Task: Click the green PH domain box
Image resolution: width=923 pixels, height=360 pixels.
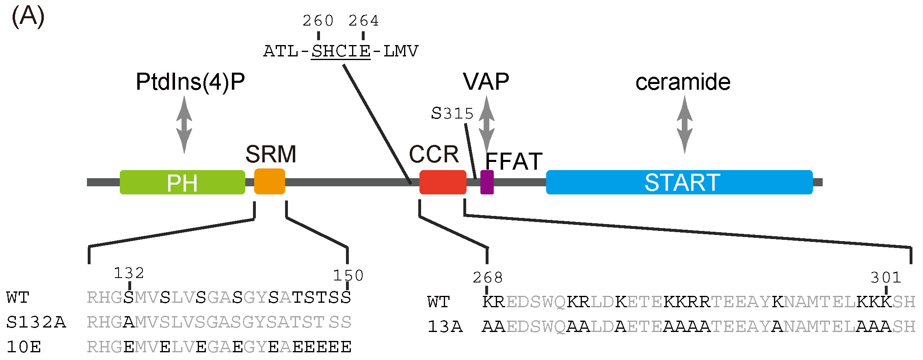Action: coord(182,182)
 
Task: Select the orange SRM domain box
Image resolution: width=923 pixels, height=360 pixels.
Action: coord(269,181)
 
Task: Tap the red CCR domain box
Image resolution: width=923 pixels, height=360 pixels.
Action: coord(443,182)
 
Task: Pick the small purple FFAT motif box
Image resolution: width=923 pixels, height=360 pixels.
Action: coord(487,182)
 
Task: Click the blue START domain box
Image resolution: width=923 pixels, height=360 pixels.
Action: coord(679,182)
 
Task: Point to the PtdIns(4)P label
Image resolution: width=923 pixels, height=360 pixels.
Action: coord(190,82)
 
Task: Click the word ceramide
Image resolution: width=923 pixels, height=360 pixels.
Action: coord(683,82)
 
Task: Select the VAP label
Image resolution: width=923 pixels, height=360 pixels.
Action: coord(486,82)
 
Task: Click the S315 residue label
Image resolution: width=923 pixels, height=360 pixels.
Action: coord(452,114)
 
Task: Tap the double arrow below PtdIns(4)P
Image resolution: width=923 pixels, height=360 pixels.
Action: coord(184,125)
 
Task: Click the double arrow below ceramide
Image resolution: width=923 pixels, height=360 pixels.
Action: coord(685,125)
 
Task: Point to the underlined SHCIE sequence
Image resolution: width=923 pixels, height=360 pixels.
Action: coord(341,52)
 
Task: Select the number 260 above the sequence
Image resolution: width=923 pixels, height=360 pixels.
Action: coord(318,21)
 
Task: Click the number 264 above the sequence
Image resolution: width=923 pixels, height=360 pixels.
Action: coord(363,21)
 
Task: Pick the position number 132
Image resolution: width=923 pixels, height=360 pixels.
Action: coord(129,273)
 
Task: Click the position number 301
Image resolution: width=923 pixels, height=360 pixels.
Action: coord(886,278)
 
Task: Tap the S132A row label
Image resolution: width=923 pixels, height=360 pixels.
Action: coord(36,323)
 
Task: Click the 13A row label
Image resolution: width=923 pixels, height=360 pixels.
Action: coord(445,327)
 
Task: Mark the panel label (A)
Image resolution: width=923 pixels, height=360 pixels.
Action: coord(28,17)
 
